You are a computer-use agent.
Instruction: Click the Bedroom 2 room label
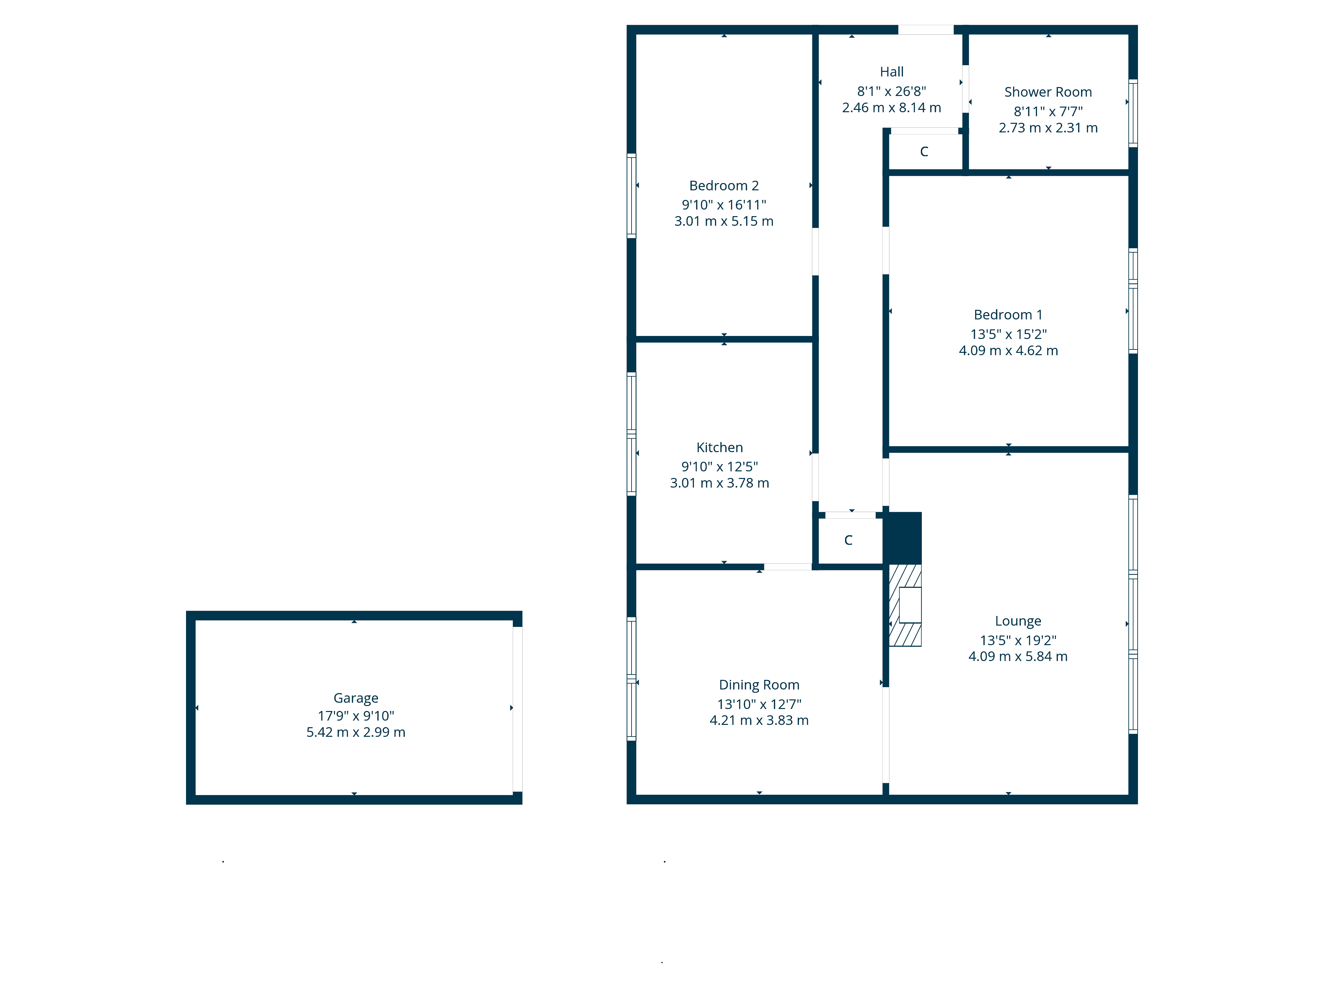pyautogui.click(x=724, y=186)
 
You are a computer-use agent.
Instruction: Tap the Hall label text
pyautogui.click(x=891, y=72)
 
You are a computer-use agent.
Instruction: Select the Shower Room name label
pyautogui.click(x=1048, y=92)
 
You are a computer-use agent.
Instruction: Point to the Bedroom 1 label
pyautogui.click(x=1008, y=315)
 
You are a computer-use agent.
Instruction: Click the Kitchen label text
pyautogui.click(x=720, y=448)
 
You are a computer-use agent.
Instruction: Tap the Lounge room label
pyautogui.click(x=1017, y=621)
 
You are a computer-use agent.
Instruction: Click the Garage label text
pyautogui.click(x=355, y=698)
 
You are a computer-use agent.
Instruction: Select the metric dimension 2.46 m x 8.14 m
pyautogui.click(x=891, y=108)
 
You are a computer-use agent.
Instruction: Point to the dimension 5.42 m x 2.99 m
pyautogui.click(x=355, y=732)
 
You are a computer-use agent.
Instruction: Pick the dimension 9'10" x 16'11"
pyautogui.click(x=724, y=205)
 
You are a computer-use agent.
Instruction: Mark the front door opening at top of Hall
pyautogui.click(x=925, y=30)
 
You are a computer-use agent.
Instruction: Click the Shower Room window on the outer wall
pyautogui.click(x=1132, y=113)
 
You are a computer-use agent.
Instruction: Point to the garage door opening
pyautogui.click(x=517, y=709)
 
